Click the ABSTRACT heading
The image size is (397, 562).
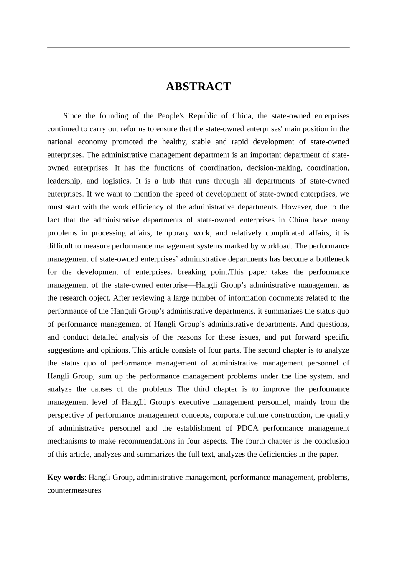[x=198, y=87]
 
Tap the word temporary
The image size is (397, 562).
[x=172, y=233]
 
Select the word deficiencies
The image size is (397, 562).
[x=272, y=454]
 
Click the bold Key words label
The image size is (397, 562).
[x=66, y=477]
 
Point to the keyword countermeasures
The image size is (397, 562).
[x=74, y=490]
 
